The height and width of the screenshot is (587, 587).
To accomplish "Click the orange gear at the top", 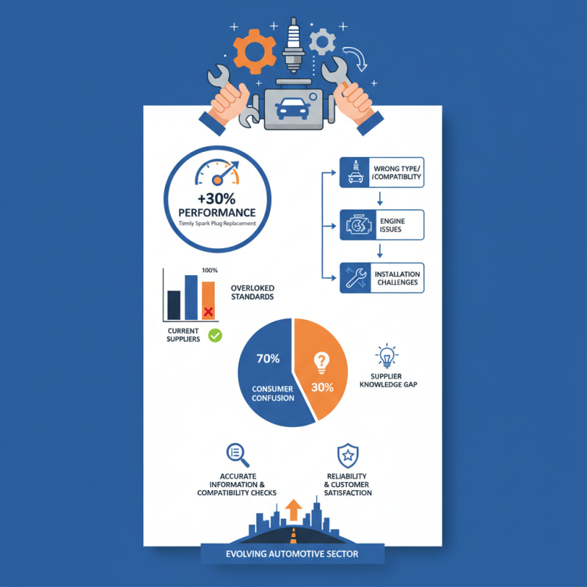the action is click(255, 51).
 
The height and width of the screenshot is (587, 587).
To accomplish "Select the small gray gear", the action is click(322, 42).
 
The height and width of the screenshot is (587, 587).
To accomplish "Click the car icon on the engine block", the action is click(292, 109).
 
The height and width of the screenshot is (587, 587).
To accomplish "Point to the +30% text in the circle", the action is click(216, 198).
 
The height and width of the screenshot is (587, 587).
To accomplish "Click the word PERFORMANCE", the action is click(217, 213).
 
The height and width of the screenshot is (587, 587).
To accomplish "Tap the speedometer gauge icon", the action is click(217, 172).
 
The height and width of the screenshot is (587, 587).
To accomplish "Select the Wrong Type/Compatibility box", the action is click(382, 172).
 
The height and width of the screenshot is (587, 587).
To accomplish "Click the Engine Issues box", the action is click(382, 225).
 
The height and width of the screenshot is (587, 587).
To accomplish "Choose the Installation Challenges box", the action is click(382, 278).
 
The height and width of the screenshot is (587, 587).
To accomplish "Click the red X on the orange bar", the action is click(208, 312).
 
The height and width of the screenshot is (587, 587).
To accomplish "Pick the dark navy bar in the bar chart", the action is click(174, 305).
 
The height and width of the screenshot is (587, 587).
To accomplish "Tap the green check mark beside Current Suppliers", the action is click(215, 335).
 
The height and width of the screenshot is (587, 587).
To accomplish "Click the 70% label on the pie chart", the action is click(268, 359).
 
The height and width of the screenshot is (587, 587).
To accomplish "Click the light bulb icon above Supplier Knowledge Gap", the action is click(387, 356).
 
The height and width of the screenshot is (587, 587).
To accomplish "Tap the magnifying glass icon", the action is click(238, 455).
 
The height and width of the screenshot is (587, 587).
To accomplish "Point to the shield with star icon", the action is click(348, 456).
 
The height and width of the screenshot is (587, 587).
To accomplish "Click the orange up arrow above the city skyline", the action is click(293, 509).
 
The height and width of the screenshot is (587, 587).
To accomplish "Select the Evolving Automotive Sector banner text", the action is click(292, 554).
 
